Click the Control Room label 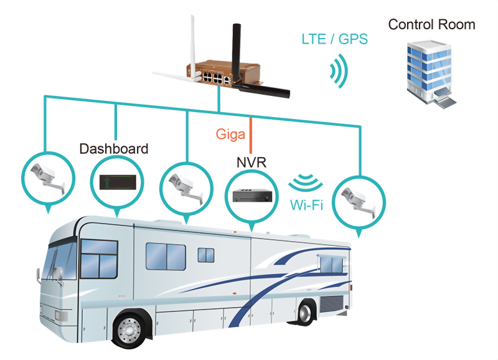tap(431, 25)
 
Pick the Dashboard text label tap(114, 149)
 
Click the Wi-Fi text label tap(306, 205)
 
